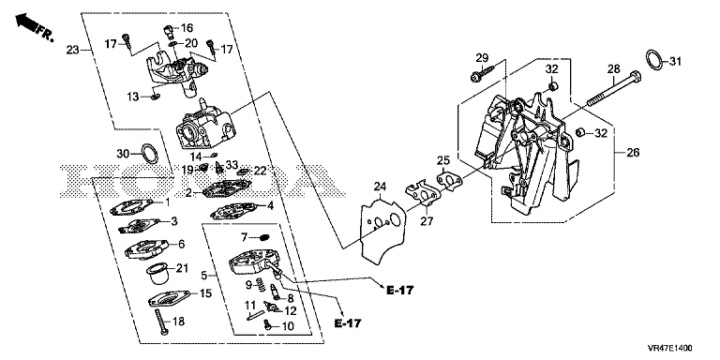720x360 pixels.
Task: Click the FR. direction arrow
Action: (27, 22)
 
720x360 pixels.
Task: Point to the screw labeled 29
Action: (482, 73)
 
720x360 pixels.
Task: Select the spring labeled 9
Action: (261, 285)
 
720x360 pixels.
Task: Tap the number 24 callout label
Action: (380, 187)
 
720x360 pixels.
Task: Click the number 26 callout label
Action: (633, 153)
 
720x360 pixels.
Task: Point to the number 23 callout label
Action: (72, 49)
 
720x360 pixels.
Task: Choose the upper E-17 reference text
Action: (400, 291)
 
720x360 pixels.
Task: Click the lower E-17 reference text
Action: (347, 323)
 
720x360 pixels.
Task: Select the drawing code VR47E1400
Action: (671, 349)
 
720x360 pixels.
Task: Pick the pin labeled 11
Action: (255, 315)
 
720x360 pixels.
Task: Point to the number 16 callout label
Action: (187, 28)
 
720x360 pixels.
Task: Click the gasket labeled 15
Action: (168, 298)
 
